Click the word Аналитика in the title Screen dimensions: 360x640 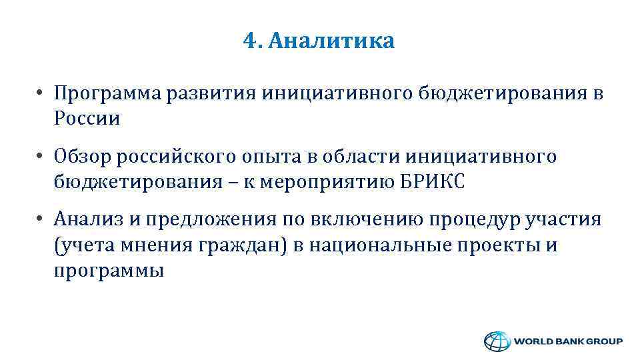coord(330,41)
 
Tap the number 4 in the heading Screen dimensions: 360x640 coord(249,41)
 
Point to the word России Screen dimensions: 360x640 coord(87,119)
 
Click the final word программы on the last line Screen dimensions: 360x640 coord(109,272)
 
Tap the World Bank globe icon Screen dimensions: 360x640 coord(495,341)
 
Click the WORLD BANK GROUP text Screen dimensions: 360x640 coord(567,341)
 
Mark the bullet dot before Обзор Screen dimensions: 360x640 coord(41,157)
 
